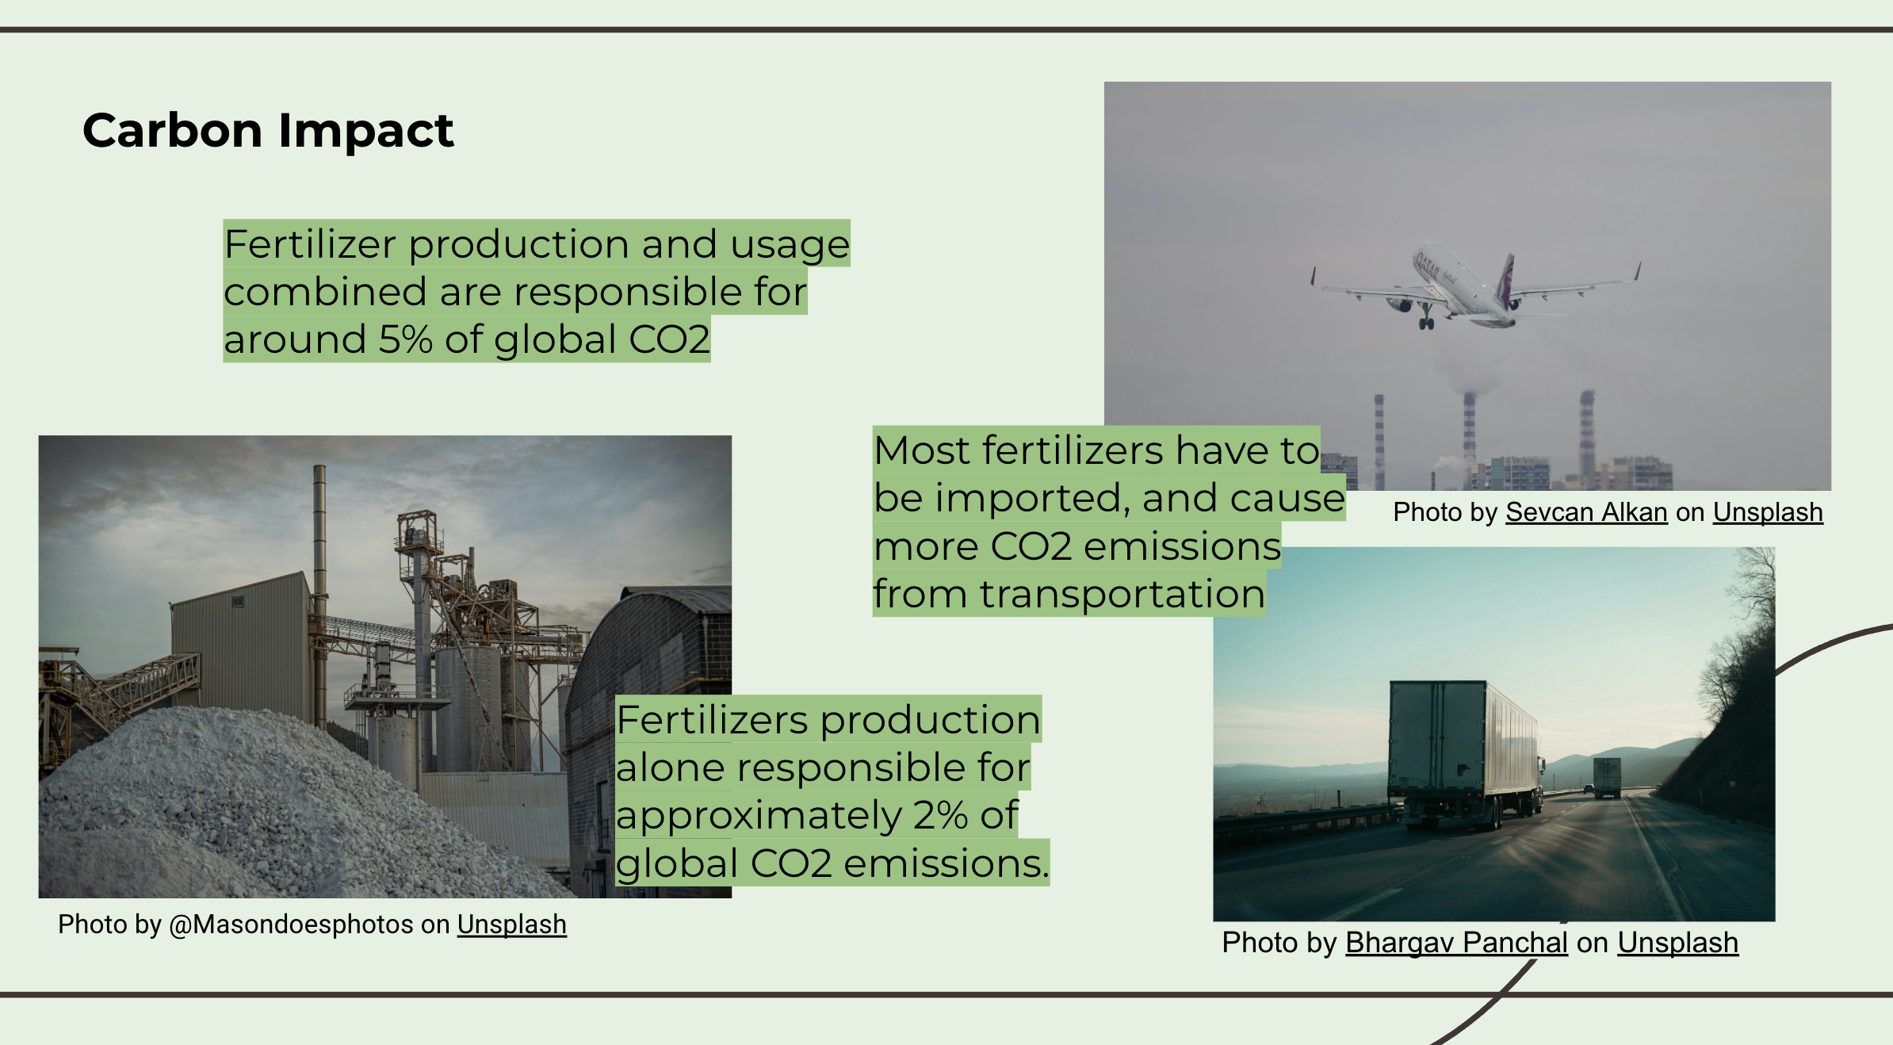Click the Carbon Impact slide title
(268, 131)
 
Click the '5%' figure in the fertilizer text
(405, 339)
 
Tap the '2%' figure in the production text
(940, 815)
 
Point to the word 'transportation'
(1122, 594)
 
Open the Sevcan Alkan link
(1586, 512)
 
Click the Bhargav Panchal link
(1456, 943)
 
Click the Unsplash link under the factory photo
(511, 925)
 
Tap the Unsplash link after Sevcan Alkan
(1768, 512)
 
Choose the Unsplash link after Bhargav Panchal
(1677, 943)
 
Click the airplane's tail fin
(1505, 279)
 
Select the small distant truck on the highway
(1607, 776)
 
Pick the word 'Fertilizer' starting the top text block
(310, 243)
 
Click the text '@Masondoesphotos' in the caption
(291, 925)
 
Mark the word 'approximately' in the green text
(759, 816)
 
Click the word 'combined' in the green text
(325, 292)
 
